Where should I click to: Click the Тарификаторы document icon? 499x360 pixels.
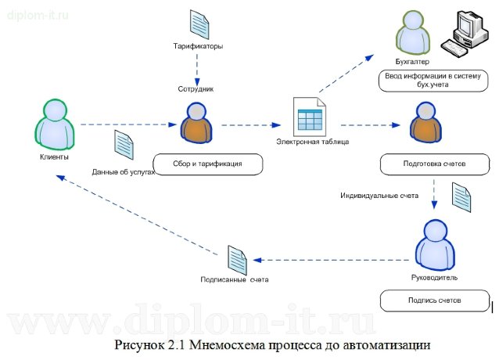(198, 23)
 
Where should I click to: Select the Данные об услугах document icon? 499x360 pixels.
(124, 146)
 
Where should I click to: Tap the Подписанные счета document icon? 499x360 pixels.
(236, 259)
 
